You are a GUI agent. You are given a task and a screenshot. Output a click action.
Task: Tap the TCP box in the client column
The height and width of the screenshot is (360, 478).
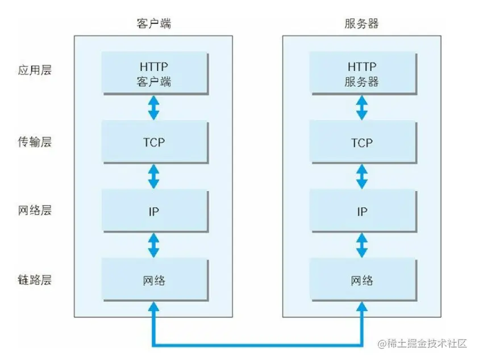coord(153,142)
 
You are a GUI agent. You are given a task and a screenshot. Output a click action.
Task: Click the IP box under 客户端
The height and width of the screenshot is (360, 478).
coord(153,212)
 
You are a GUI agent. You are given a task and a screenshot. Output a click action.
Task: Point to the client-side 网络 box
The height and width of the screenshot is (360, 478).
coord(153,280)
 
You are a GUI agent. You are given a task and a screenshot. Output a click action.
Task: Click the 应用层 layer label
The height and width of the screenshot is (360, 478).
coord(34,72)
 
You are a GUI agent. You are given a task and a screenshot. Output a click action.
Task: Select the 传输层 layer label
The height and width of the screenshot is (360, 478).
coord(34,142)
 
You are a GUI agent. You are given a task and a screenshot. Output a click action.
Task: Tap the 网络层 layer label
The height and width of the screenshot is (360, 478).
coord(34,211)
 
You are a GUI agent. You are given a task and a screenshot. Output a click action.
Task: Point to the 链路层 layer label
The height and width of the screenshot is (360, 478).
coord(34,280)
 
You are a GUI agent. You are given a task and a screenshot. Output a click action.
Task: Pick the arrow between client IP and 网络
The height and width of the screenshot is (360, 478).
coord(153,246)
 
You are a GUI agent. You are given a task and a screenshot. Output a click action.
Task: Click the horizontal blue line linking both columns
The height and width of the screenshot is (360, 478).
coord(257,344)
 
